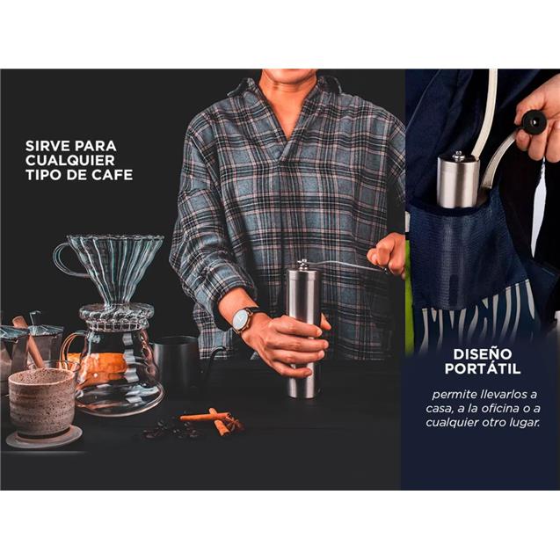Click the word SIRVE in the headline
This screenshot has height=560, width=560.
[48, 146]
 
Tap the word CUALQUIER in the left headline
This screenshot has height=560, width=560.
[70, 160]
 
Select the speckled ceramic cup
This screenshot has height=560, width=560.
[41, 401]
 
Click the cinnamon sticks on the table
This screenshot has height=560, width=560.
[214, 420]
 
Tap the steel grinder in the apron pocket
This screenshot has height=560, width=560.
[458, 180]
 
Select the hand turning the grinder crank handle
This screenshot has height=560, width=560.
[388, 254]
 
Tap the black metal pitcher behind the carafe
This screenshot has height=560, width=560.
[178, 360]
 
